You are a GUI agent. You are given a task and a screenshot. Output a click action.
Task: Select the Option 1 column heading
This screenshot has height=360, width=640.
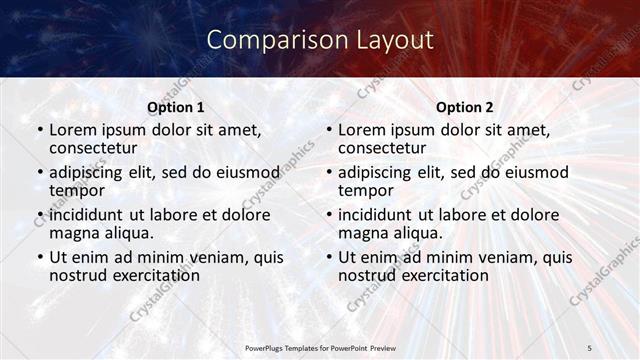click(176, 107)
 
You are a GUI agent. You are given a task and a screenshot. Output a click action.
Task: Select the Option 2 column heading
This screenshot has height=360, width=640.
click(465, 107)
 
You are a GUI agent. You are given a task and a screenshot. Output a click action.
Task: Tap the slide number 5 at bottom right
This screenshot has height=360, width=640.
click(590, 347)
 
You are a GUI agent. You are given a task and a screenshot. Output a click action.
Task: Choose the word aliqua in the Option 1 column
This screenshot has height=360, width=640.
click(127, 233)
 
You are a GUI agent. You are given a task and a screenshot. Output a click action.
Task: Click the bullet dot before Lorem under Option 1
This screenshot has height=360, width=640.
click(39, 130)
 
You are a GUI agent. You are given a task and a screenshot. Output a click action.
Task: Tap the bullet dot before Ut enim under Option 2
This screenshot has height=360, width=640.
click(328, 257)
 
